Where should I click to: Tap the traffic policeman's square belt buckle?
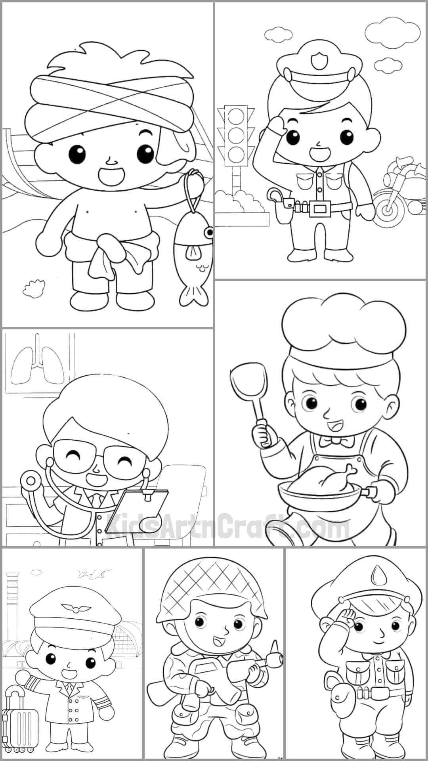click(x=319, y=207)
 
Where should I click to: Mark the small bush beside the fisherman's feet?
click(x=32, y=288)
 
